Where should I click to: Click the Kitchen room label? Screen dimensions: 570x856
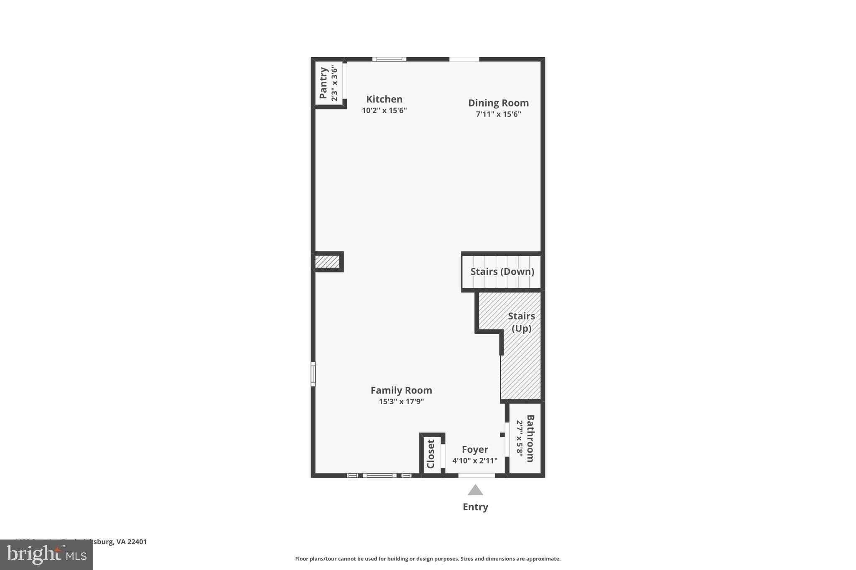384,99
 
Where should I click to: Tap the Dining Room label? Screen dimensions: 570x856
498,103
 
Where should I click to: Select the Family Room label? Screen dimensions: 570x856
401,390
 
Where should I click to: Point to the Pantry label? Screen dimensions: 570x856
323,83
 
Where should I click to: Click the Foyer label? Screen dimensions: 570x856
475,450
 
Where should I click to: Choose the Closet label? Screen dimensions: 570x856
431,454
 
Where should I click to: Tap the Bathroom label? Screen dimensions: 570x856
530,438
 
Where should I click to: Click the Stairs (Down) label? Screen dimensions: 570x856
502,272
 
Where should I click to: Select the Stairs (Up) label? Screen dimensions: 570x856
521,322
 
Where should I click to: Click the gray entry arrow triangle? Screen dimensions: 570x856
475,490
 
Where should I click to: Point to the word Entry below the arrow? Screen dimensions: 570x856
475,507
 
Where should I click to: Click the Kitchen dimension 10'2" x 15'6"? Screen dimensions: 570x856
384,111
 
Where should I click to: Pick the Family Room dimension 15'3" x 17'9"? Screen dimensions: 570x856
401,402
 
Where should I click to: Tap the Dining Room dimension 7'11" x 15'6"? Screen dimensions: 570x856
498,114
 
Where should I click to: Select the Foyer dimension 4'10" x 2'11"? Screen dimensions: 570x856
475,461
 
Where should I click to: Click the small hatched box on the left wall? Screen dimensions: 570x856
327,262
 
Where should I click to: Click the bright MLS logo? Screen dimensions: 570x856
46,555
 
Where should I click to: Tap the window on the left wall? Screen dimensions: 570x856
313,374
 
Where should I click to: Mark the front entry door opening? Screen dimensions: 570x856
476,475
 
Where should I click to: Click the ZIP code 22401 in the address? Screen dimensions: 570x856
137,542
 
